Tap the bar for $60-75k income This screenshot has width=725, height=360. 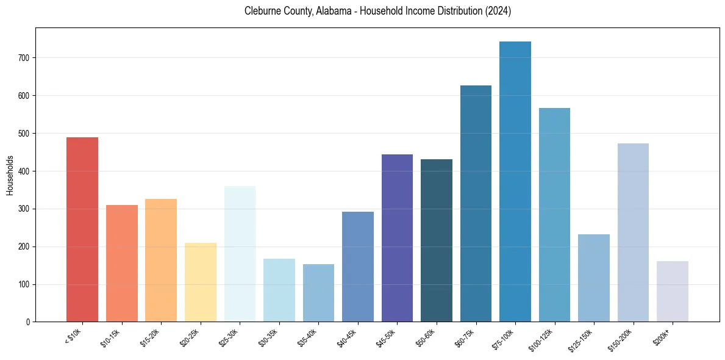point(476,204)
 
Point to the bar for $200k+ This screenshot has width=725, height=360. point(673,292)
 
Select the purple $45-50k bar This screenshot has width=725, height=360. point(397,238)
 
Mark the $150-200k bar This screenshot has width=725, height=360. point(633,232)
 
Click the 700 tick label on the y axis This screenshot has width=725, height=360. point(23,58)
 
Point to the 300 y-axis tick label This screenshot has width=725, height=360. point(23,209)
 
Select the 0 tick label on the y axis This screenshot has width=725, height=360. point(27,322)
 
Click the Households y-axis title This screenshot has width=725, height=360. point(10,175)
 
